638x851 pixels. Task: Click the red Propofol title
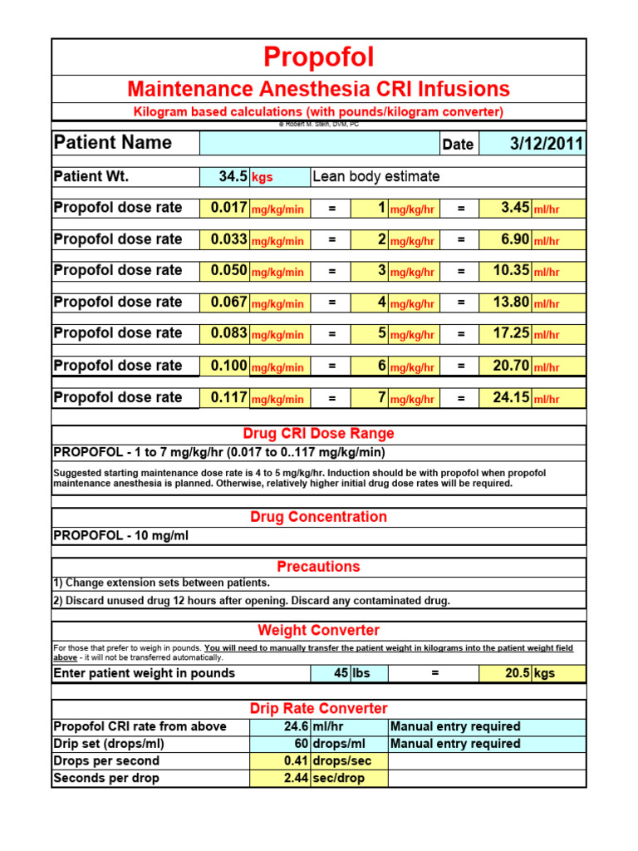[x=319, y=57]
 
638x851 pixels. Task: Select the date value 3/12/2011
[x=547, y=144]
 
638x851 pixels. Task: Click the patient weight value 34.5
[x=233, y=176]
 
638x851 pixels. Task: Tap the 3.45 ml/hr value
[x=515, y=208]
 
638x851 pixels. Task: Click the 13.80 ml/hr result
[x=511, y=303]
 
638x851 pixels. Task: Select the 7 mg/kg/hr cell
[x=381, y=397]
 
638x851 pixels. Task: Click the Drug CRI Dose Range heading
[x=319, y=434]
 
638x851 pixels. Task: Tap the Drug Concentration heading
[x=319, y=517]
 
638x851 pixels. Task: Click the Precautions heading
[x=319, y=567]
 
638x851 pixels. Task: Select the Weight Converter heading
[x=319, y=631]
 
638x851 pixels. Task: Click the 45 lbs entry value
[x=341, y=673]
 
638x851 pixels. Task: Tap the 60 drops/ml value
[x=300, y=744]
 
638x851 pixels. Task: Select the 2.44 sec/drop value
[x=292, y=779]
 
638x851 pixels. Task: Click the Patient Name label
[x=113, y=143]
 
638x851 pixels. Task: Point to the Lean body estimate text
[x=376, y=176]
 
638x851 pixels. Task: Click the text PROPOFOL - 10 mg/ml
[x=121, y=536]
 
